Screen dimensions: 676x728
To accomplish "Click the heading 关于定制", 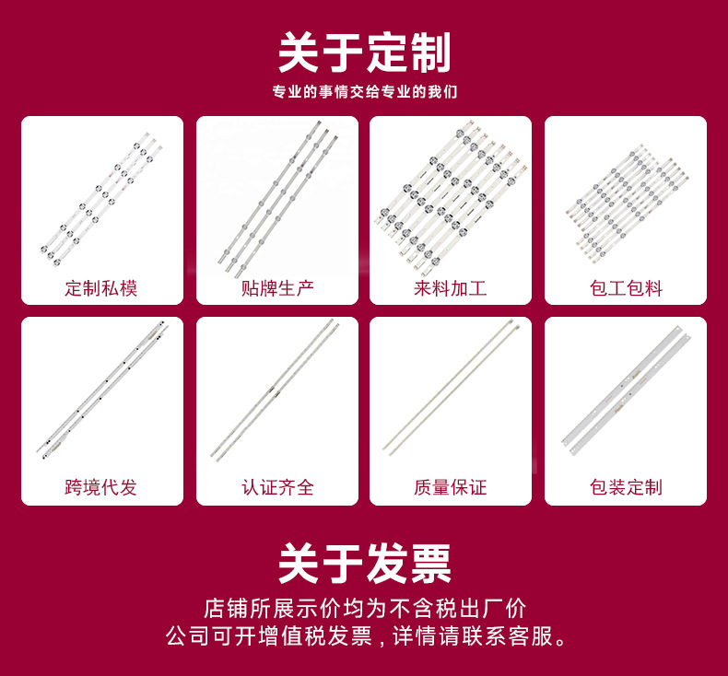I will click(x=364, y=52).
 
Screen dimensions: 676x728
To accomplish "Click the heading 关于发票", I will click(x=364, y=563).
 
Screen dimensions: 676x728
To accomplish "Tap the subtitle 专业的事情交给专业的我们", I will click(x=364, y=92).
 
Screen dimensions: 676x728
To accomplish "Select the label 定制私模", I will click(x=101, y=288).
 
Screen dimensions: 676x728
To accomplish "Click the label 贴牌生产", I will click(x=277, y=288).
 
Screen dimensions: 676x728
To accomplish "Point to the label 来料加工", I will click(x=451, y=288).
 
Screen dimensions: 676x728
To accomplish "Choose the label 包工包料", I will click(x=626, y=288).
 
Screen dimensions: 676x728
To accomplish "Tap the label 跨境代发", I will click(x=101, y=488).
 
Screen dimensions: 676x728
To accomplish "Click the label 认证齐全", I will click(x=277, y=488).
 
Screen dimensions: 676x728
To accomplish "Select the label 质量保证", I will click(x=451, y=488).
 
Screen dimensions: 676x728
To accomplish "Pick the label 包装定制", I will click(x=626, y=488).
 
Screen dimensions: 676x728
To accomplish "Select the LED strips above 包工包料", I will click(x=626, y=198).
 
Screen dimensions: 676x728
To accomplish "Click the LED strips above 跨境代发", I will click(x=101, y=391).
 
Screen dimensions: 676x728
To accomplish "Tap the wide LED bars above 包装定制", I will click(x=626, y=391).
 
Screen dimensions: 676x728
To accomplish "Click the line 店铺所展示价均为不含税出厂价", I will click(x=364, y=609).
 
